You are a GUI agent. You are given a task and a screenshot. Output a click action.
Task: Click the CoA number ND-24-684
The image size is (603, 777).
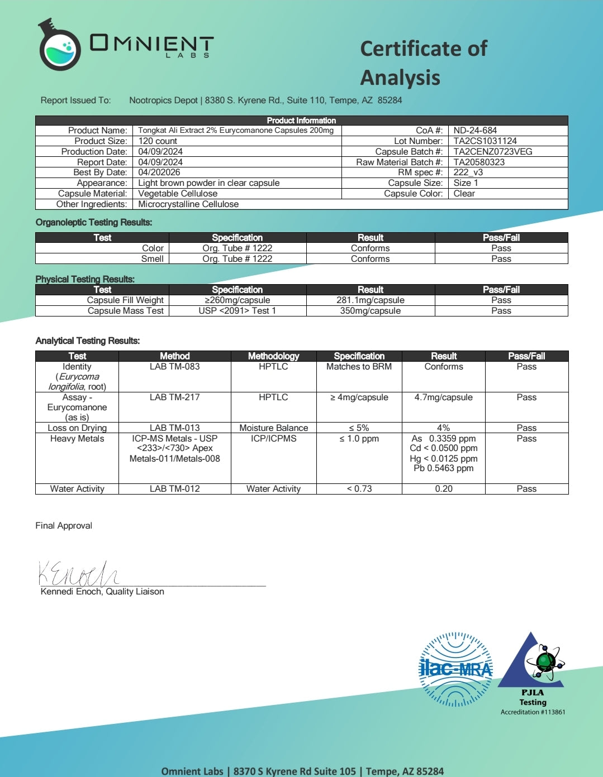coord(475,130)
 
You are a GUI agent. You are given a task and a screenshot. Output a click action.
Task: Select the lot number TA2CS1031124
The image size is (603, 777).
coord(485,141)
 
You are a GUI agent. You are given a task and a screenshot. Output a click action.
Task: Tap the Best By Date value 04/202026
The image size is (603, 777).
coord(159,172)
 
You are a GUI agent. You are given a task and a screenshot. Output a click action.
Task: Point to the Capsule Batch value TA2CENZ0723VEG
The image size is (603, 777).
coord(492,151)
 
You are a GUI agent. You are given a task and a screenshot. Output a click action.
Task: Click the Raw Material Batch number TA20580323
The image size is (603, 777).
coord(479,162)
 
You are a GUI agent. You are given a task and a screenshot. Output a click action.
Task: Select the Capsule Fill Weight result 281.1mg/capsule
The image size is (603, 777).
coord(370,300)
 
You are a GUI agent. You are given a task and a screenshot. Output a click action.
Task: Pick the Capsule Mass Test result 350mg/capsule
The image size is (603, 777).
coord(370,311)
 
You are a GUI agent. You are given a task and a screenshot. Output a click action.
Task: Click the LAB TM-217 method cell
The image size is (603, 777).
coord(174,397)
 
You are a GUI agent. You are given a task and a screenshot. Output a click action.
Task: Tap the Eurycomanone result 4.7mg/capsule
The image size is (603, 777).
coord(443,397)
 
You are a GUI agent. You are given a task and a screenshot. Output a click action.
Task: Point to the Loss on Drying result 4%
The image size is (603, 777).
coord(443,428)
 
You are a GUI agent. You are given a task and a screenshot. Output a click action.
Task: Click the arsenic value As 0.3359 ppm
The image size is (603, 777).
coord(444,439)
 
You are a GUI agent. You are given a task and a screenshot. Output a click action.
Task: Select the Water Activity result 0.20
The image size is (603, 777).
coord(444,489)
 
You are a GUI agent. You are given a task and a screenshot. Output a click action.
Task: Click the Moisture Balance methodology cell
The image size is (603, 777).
coord(273,428)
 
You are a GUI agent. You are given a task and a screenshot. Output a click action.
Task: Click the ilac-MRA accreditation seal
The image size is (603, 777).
coord(455,669)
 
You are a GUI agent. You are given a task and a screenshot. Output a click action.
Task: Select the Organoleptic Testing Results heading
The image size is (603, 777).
coord(94,223)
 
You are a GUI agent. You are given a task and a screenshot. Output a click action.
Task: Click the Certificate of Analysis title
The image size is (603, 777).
coord(423,63)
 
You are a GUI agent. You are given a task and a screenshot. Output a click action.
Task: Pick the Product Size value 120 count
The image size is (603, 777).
coord(158,141)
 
